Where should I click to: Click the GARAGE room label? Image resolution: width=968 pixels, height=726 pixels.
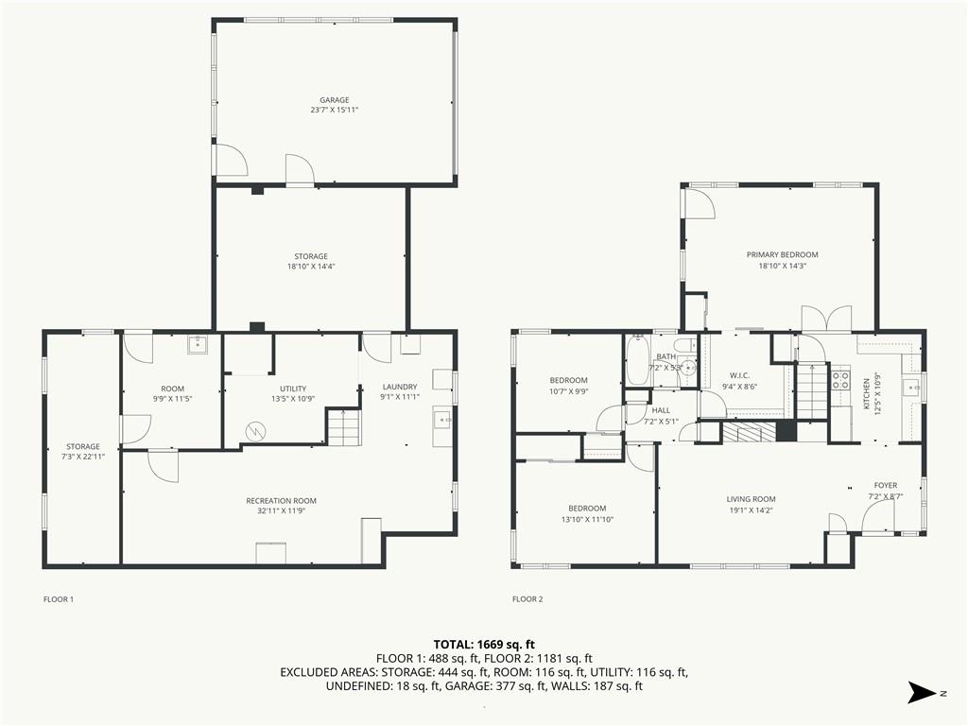click(x=334, y=100)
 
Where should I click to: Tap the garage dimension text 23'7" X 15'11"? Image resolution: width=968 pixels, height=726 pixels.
click(x=334, y=110)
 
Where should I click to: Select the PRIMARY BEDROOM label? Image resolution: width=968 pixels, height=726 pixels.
click(x=782, y=254)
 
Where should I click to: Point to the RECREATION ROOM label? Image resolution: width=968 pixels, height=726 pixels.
click(x=281, y=501)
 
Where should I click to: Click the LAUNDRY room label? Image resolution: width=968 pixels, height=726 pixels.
click(x=400, y=387)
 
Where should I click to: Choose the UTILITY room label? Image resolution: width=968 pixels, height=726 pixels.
click(x=293, y=389)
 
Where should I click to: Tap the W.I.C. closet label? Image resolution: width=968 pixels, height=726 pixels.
click(x=739, y=375)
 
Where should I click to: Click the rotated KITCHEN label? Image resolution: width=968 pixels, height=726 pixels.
click(x=866, y=394)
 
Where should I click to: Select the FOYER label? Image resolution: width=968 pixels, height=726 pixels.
click(x=885, y=485)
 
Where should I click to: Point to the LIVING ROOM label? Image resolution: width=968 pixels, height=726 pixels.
click(x=751, y=499)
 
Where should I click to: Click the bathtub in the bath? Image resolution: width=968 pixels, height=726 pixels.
click(x=636, y=361)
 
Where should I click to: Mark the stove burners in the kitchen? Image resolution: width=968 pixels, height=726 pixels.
click(x=839, y=379)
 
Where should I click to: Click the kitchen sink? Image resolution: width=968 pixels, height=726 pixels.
click(x=912, y=388)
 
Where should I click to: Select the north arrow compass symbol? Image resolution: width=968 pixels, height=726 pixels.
click(x=922, y=692)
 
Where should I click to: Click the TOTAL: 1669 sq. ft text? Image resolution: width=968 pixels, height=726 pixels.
click(x=484, y=645)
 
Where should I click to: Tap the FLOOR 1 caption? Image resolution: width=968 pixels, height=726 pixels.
click(x=59, y=598)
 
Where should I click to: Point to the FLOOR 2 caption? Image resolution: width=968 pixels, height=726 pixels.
click(x=527, y=598)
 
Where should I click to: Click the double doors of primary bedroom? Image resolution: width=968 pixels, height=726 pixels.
click(x=826, y=319)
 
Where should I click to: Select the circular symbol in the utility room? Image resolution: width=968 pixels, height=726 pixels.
click(x=254, y=431)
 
